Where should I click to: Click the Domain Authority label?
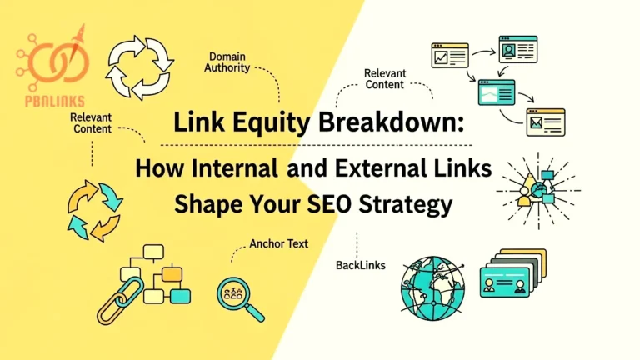coord(227,62)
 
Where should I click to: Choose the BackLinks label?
coord(360,264)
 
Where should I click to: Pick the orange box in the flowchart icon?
coord(172,272)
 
